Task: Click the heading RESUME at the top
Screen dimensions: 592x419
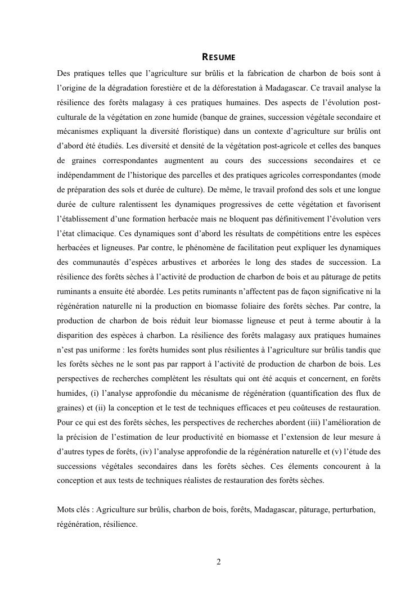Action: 218,57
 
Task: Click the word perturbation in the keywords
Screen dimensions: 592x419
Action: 353,510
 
